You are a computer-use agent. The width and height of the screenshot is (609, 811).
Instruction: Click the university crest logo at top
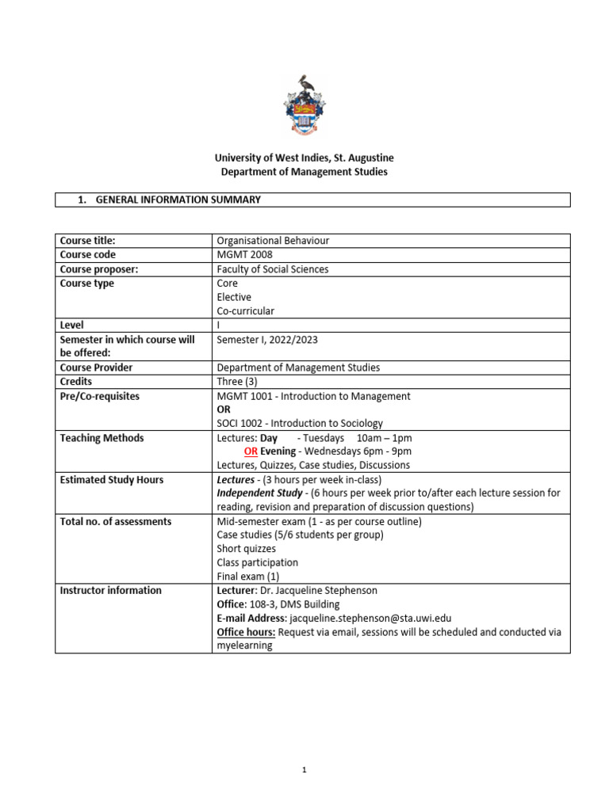click(x=304, y=105)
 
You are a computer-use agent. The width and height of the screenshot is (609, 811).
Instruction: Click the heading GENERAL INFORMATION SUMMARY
click(x=178, y=200)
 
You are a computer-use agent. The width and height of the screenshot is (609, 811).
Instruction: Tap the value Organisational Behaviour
click(x=272, y=241)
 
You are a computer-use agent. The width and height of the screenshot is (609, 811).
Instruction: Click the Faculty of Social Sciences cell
click(x=272, y=269)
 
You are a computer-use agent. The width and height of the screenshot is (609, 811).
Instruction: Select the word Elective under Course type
click(x=233, y=297)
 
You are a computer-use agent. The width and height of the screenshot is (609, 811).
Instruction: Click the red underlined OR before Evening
click(x=251, y=451)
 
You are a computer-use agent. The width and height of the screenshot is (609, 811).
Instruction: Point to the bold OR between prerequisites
click(x=224, y=409)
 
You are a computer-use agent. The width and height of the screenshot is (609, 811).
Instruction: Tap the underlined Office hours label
click(x=247, y=632)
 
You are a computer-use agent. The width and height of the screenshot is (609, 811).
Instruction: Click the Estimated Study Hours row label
click(x=111, y=479)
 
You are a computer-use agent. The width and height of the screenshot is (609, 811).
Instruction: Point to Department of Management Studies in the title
click(x=304, y=173)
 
